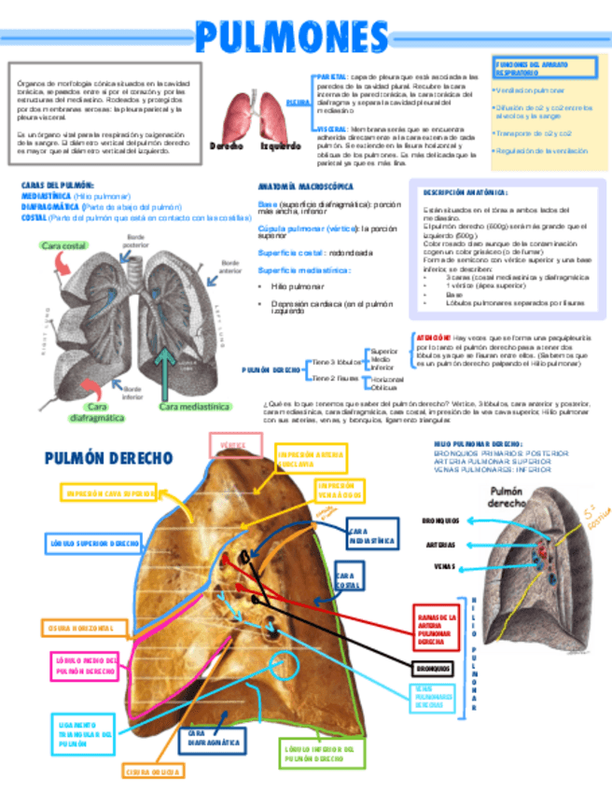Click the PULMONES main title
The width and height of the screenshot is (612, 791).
292,37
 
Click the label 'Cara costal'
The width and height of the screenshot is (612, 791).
64,245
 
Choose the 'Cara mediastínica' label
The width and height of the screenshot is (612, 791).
193,407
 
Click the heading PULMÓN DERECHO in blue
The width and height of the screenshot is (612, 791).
108,458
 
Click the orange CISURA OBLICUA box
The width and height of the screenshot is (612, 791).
154,771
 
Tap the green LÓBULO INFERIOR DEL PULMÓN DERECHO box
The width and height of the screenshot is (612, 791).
318,754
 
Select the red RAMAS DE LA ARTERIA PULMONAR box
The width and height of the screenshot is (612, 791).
437,630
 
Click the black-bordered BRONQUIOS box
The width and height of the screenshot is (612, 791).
434,669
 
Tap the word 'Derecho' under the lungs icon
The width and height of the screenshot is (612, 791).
227,146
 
